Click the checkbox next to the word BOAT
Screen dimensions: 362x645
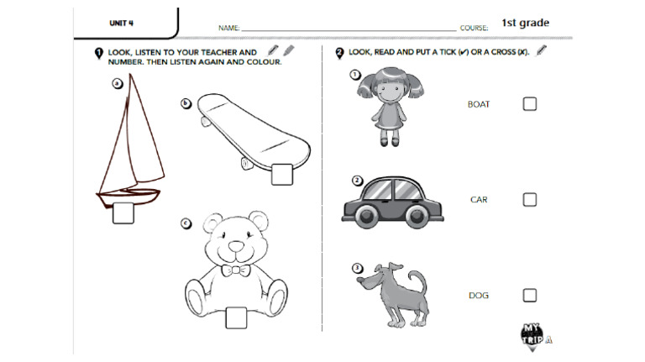click(x=529, y=104)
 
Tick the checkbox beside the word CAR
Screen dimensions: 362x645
click(x=529, y=200)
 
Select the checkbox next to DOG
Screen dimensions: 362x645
click(x=529, y=295)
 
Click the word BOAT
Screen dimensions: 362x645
click(x=479, y=105)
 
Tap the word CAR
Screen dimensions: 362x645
click(x=479, y=200)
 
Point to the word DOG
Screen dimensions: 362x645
click(x=479, y=296)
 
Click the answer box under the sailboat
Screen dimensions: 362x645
click(x=123, y=213)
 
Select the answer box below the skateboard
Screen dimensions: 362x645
click(x=281, y=173)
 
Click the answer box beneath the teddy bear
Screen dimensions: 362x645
click(x=237, y=317)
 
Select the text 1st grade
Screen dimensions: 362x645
click(x=526, y=24)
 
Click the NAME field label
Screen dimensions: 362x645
click(x=229, y=29)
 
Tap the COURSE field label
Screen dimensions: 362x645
click(x=475, y=29)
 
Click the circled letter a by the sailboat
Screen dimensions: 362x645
click(x=117, y=83)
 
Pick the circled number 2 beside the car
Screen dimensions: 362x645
click(x=357, y=180)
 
